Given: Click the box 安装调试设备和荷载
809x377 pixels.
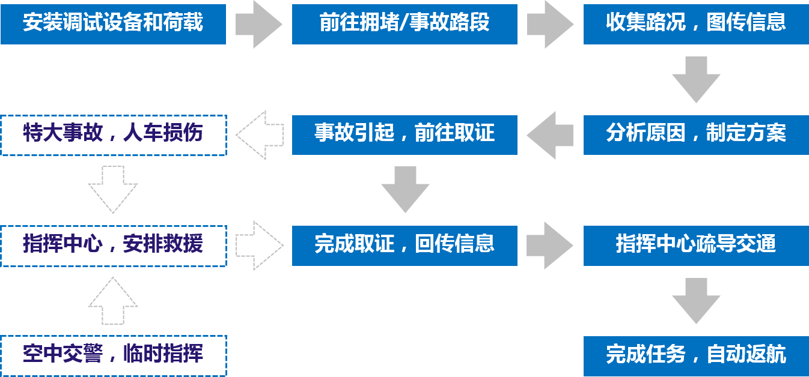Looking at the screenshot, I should (113, 23).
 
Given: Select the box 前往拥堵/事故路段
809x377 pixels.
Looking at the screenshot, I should (404, 23).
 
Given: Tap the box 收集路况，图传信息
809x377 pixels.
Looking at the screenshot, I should (695, 23).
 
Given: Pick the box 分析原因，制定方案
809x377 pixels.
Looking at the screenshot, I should (695, 134).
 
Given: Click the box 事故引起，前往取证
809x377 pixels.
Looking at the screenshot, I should (404, 134).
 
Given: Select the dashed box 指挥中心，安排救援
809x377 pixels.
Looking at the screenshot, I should (113, 246).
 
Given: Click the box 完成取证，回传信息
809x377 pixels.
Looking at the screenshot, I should (404, 245).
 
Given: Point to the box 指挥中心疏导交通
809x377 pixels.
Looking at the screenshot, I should (695, 245).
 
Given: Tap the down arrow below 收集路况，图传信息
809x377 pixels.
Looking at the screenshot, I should (695, 79).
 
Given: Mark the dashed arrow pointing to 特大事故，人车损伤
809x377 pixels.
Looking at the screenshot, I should (259, 135).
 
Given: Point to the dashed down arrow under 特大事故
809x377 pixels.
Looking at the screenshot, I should (113, 190).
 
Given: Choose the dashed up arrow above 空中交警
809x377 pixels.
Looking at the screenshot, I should (113, 301).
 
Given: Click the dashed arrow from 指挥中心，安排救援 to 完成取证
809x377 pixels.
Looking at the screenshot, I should (259, 245).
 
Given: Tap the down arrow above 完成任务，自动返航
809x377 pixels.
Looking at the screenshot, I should (695, 301).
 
